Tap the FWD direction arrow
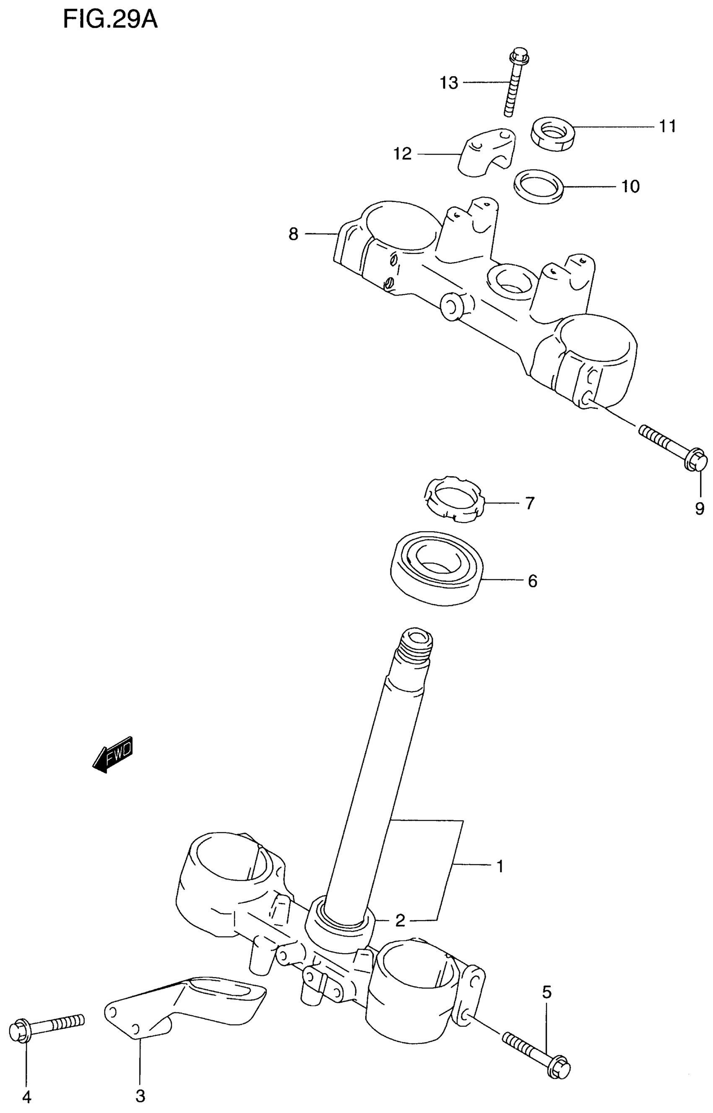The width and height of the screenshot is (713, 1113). coord(112,758)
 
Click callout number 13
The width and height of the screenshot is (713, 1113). coord(448,83)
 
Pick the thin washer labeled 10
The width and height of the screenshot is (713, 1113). coord(539,186)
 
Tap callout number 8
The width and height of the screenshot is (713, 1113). coord(293,235)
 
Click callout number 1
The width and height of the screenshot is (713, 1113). coord(500,865)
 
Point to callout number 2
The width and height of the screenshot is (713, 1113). coord(400,921)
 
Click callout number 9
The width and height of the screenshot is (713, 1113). coord(700,509)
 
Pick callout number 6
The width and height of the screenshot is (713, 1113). coord(532,581)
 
